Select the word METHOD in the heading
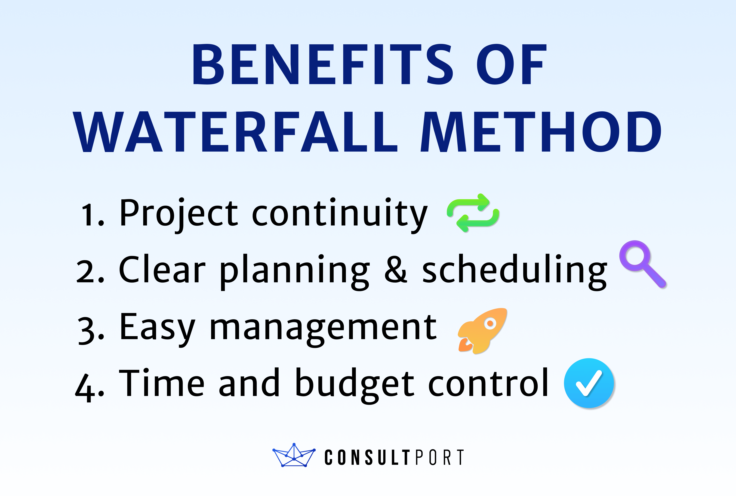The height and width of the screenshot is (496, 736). coord(541,132)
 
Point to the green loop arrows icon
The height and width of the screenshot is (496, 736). coord(473,213)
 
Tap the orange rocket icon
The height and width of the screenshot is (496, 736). coord(482,330)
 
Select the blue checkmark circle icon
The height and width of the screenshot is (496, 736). coord(589,383)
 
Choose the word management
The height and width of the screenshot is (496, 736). coord(323,328)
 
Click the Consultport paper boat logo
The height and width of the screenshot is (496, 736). coord(294,456)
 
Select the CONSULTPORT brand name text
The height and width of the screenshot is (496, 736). coord(394,457)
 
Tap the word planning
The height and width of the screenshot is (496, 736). coord(294,271)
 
